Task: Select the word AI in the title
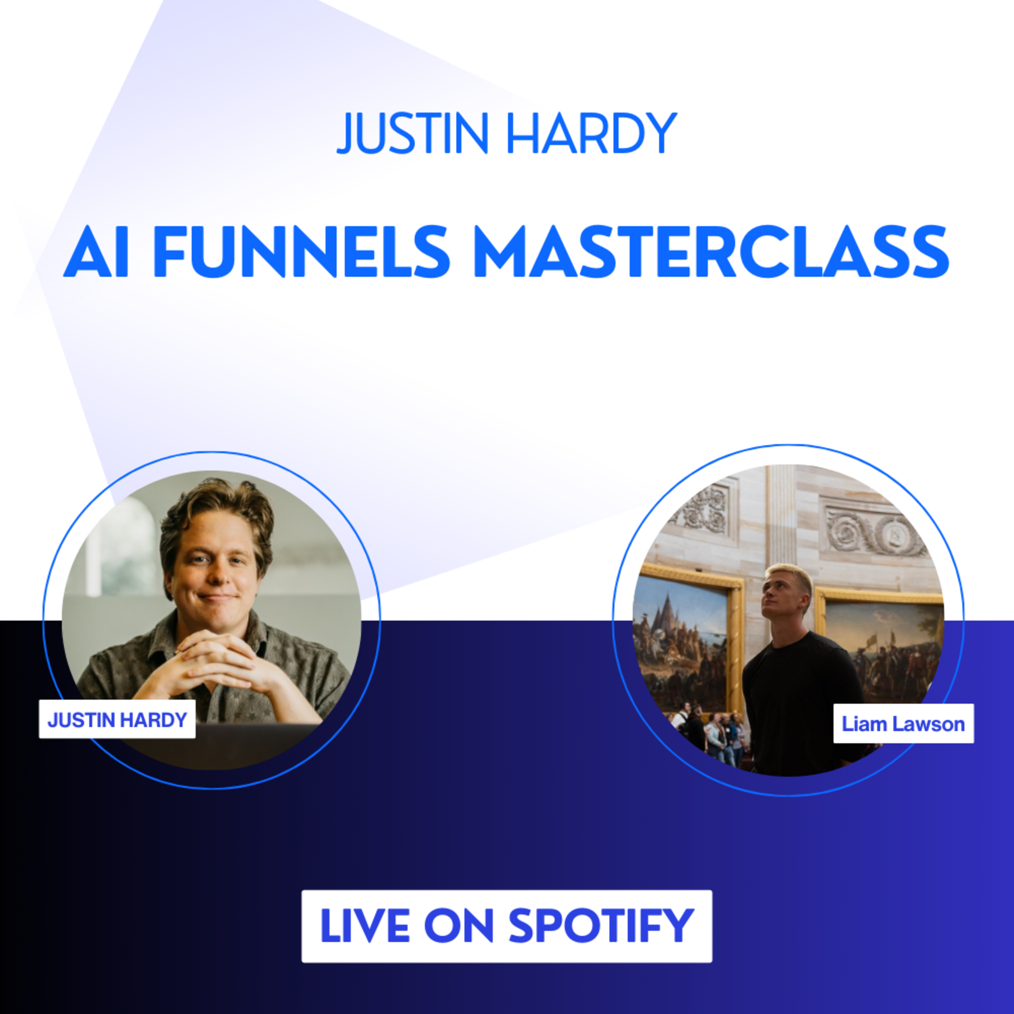pyautogui.click(x=96, y=252)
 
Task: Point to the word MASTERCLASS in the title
pyautogui.click(x=711, y=252)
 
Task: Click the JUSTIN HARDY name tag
pyautogui.click(x=117, y=719)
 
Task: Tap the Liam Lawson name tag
pyautogui.click(x=903, y=724)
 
